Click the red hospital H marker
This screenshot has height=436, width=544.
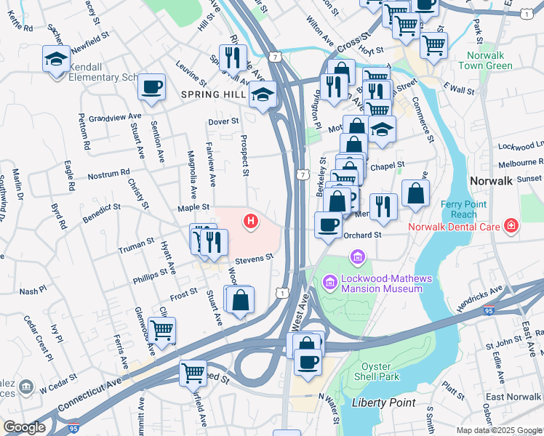point(252,220)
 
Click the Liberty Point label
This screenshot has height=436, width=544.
point(383,403)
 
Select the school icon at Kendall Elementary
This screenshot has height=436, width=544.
point(56,60)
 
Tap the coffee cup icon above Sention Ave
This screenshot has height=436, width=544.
point(152,87)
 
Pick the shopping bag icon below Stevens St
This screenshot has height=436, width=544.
point(240,299)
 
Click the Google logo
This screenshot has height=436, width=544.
point(24,427)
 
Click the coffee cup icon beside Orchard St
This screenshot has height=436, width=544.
point(329,225)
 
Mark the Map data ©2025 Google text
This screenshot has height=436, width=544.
point(498,430)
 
